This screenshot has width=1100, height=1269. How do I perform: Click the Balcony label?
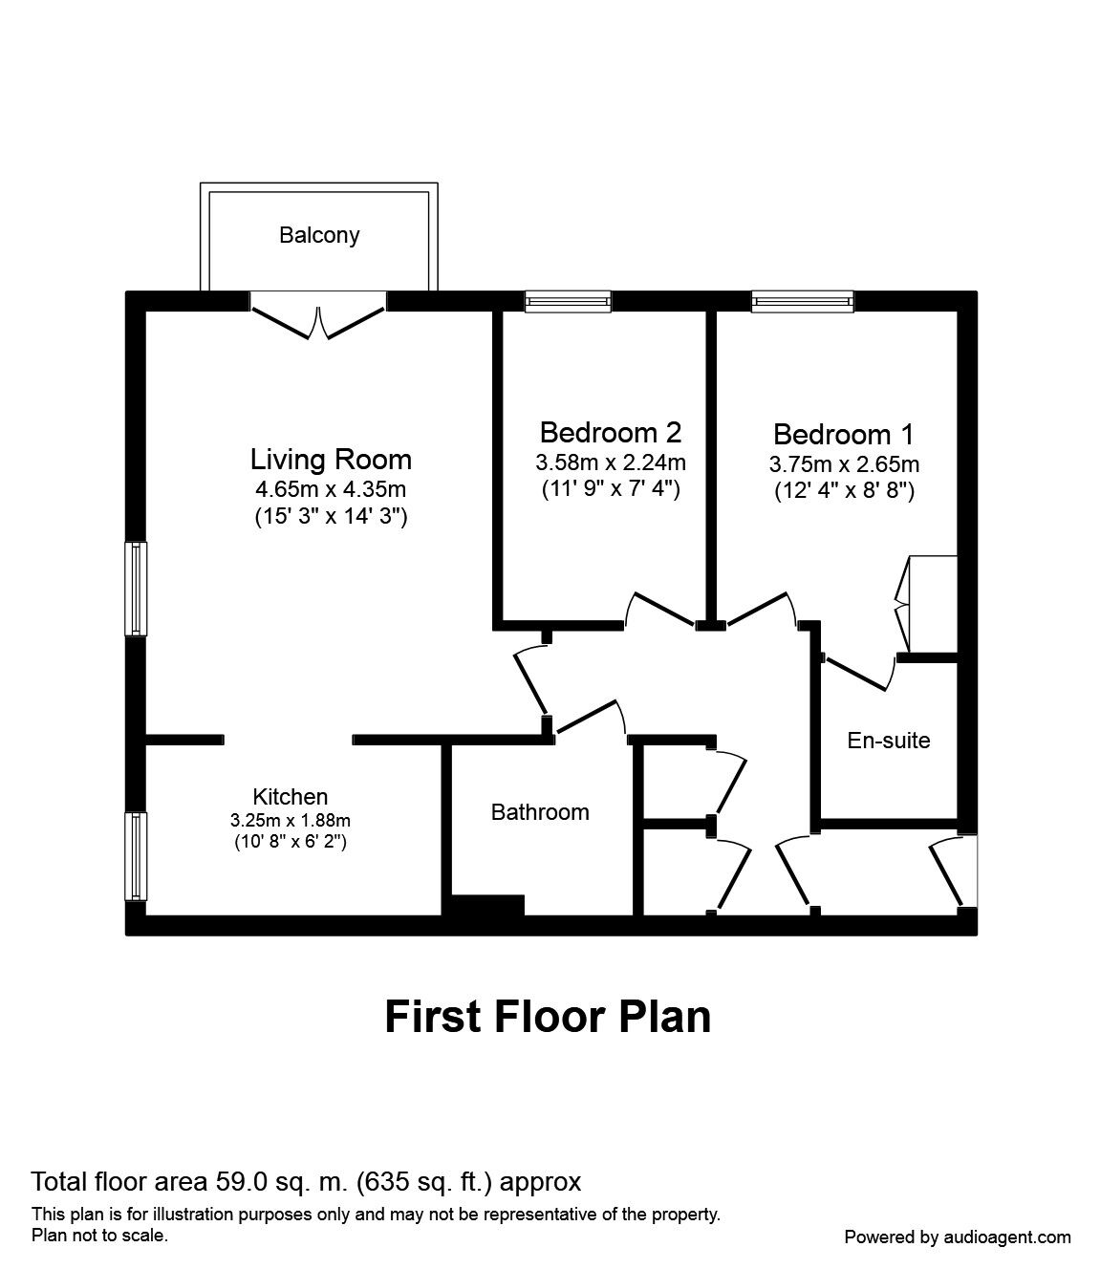pyautogui.click(x=319, y=235)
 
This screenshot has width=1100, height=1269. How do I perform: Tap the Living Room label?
pyautogui.click(x=331, y=460)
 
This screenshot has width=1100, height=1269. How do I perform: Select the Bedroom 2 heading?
pyautogui.click(x=611, y=433)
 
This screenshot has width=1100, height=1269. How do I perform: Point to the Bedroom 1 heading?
pyautogui.click(x=844, y=435)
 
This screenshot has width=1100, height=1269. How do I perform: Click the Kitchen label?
pyautogui.click(x=291, y=797)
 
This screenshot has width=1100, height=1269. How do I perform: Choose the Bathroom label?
pyautogui.click(x=540, y=812)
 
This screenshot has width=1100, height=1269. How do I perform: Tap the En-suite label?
pyautogui.click(x=889, y=741)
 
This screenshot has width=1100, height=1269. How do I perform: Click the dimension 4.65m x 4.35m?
pyautogui.click(x=331, y=489)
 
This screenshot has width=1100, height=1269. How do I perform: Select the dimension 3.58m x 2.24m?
pyautogui.click(x=611, y=462)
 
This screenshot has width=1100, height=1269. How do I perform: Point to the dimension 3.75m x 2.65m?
pyautogui.click(x=845, y=464)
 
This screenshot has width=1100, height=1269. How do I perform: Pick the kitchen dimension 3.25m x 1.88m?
pyautogui.click(x=291, y=820)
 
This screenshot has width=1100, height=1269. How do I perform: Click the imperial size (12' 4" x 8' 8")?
pyautogui.click(x=845, y=491)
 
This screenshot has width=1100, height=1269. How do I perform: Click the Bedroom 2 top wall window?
pyautogui.click(x=568, y=301)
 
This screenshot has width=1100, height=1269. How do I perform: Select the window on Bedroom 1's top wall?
pyautogui.click(x=804, y=301)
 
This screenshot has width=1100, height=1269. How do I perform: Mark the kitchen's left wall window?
pyautogui.click(x=136, y=857)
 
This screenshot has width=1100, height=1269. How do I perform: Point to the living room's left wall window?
pyautogui.click(x=136, y=589)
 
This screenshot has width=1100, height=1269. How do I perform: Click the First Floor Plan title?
pyautogui.click(x=548, y=1017)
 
